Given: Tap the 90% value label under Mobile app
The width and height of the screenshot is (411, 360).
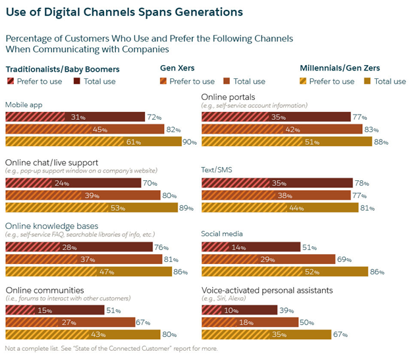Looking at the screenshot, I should [x=190, y=141].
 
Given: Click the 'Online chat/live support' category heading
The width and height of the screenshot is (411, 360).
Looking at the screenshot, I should [x=52, y=163].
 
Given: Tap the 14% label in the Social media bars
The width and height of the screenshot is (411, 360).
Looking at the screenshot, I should [x=238, y=247].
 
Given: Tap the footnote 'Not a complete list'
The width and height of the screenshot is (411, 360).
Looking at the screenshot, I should [x=111, y=349].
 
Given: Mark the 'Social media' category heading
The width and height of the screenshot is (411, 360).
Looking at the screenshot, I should [x=222, y=233].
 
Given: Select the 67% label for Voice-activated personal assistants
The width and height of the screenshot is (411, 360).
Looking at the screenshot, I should [x=339, y=335].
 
